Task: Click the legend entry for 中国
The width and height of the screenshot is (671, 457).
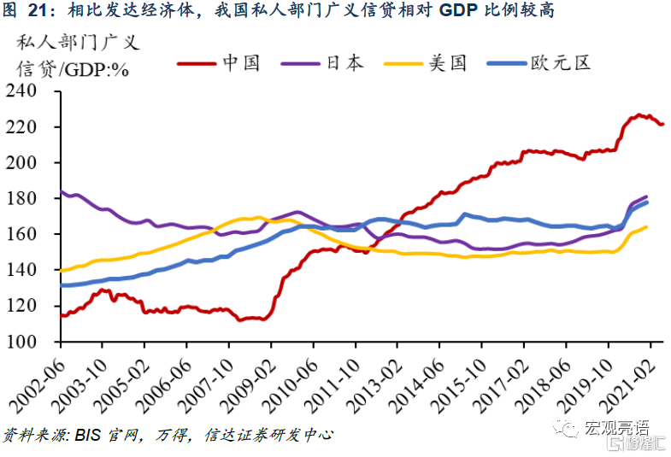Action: pyautogui.click(x=240, y=63)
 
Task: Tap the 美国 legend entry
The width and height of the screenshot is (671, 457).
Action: pyautogui.click(x=447, y=63)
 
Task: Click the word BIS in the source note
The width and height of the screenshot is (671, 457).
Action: pyautogui.click(x=89, y=436)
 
